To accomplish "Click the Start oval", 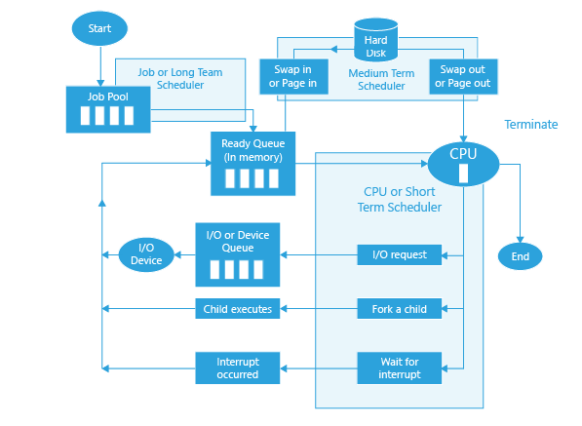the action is (99, 28).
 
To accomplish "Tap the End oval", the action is (520, 256).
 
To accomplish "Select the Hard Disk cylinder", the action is (376, 40).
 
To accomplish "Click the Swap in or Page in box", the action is (294, 76).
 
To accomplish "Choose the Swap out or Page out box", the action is (463, 76).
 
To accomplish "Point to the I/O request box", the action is (400, 255).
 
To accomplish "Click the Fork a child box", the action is (400, 309).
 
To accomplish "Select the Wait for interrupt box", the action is (400, 368).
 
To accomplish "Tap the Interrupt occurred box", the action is (238, 368).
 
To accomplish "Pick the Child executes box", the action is (238, 309).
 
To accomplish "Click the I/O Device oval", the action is (146, 254).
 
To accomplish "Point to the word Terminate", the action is (530, 125).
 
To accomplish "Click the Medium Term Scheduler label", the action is (381, 79).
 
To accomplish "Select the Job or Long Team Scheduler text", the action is (180, 78).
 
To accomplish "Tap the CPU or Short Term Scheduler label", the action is (400, 199).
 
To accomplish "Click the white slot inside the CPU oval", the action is (463, 174).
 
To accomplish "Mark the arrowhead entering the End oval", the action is (520, 240).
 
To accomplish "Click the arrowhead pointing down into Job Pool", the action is (100, 83).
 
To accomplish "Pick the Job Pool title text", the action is (108, 97).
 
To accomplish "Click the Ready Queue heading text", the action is (253, 150).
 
